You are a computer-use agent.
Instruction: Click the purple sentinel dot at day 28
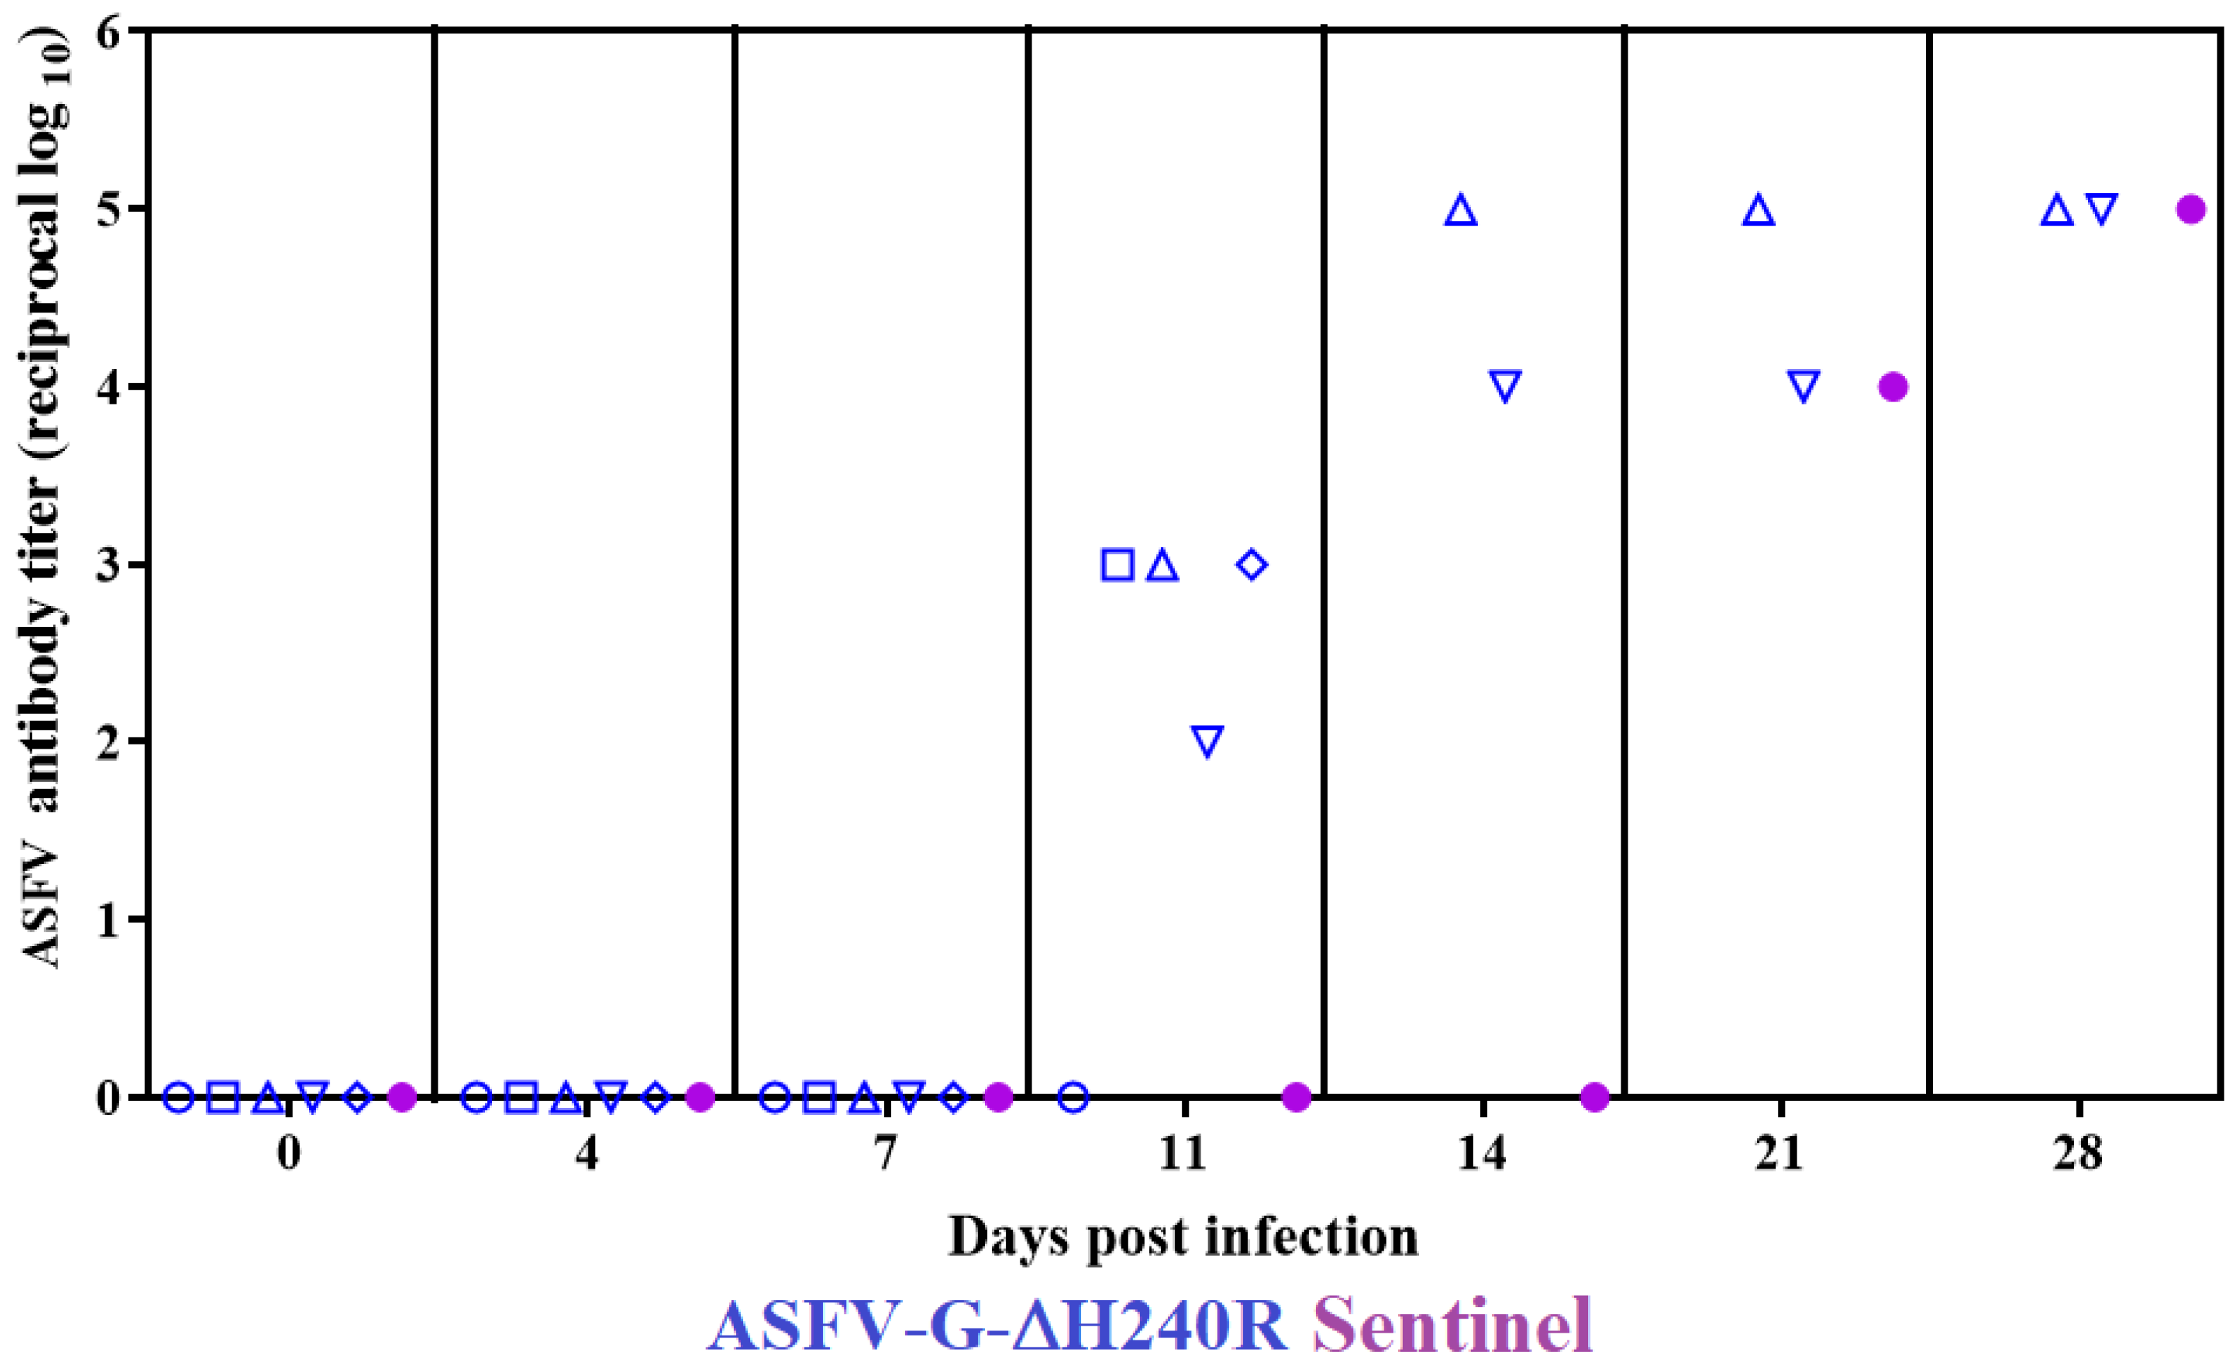pyautogui.click(x=2191, y=210)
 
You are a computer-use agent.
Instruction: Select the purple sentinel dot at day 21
pyautogui.click(x=1893, y=387)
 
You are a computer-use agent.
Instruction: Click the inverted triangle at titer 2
pyautogui.click(x=1207, y=741)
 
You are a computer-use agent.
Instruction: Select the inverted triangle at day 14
pyautogui.click(x=1505, y=386)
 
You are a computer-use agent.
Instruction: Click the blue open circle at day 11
pyautogui.click(x=1073, y=1097)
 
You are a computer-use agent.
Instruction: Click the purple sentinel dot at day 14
pyautogui.click(x=1594, y=1097)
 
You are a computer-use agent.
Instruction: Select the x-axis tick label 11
pyautogui.click(x=1184, y=1154)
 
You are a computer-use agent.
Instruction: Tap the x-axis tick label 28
pyautogui.click(x=2078, y=1154)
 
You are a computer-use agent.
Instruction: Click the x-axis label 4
pyautogui.click(x=588, y=1154)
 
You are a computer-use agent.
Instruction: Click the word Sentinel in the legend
pyautogui.click(x=1452, y=1326)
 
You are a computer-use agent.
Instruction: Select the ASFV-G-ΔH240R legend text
pyautogui.click(x=997, y=1327)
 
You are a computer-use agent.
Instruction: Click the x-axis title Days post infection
pyautogui.click(x=1183, y=1239)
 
